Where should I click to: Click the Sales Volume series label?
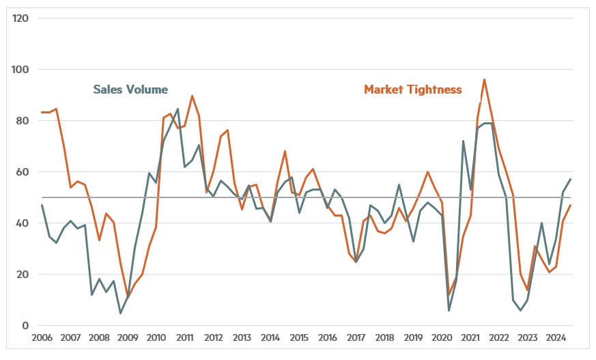click(x=130, y=89)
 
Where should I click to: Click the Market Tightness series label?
click(x=413, y=89)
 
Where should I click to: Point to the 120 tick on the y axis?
click(x=20, y=18)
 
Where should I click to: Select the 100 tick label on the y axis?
click(x=20, y=69)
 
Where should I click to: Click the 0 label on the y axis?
click(x=25, y=325)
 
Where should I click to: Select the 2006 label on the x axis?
click(x=42, y=337)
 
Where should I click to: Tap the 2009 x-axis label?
click(x=128, y=337)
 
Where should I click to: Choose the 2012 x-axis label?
click(x=214, y=337)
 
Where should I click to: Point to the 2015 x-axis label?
click(x=299, y=337)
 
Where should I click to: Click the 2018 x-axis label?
click(x=385, y=337)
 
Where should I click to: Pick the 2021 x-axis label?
click(x=470, y=337)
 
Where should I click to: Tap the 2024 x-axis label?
click(x=556, y=337)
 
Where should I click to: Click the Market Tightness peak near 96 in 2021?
click(x=484, y=79)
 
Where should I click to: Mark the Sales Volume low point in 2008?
click(x=121, y=313)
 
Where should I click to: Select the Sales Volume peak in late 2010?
click(x=178, y=109)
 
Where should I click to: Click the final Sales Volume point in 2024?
click(x=571, y=179)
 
